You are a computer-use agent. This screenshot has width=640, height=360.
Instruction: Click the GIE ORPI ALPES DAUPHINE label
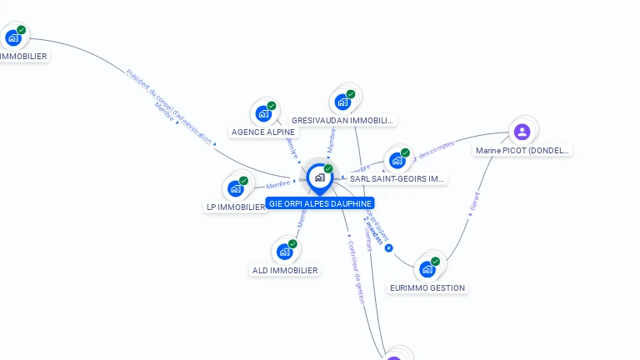tap(320, 203)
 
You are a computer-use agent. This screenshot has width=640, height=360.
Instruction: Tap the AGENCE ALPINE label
tap(263, 132)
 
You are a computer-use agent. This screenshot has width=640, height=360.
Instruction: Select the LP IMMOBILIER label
tap(236, 207)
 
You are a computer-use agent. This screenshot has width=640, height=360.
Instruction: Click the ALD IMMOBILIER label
tap(285, 270)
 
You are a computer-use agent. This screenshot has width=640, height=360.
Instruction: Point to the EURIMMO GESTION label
tap(428, 287)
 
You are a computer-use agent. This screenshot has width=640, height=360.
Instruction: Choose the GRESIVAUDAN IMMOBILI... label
tap(342, 121)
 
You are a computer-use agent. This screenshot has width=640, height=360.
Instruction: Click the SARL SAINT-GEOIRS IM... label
tap(397, 178)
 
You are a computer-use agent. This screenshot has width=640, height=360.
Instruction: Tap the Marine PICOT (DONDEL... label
tap(522, 151)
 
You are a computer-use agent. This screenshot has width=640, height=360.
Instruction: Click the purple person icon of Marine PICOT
tap(522, 132)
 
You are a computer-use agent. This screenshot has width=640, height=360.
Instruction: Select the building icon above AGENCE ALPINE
tap(263, 113)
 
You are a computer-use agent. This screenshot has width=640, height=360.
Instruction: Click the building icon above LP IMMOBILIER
tap(236, 188)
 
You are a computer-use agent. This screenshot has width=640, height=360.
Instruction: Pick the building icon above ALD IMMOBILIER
tap(285, 251)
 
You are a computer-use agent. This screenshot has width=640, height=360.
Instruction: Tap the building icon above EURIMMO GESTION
tap(427, 268)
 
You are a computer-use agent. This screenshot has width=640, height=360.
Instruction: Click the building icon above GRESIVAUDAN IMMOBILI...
tap(342, 102)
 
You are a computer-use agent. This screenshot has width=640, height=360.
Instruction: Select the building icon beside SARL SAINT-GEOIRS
tap(397, 160)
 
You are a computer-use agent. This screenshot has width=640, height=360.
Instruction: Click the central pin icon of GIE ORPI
tap(319, 177)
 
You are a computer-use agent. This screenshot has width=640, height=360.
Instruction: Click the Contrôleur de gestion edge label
tap(356, 271)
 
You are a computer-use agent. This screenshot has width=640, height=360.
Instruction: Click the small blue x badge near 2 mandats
tap(388, 247)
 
